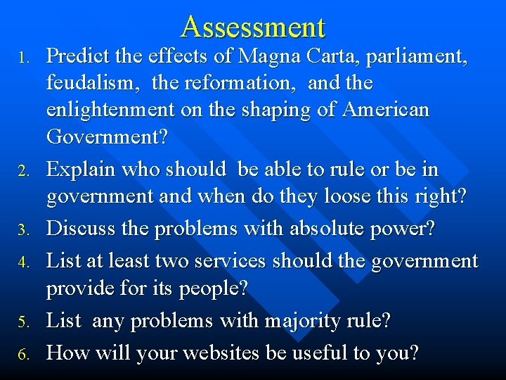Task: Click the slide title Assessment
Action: tap(253, 27)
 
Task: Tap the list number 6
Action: tap(24, 353)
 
